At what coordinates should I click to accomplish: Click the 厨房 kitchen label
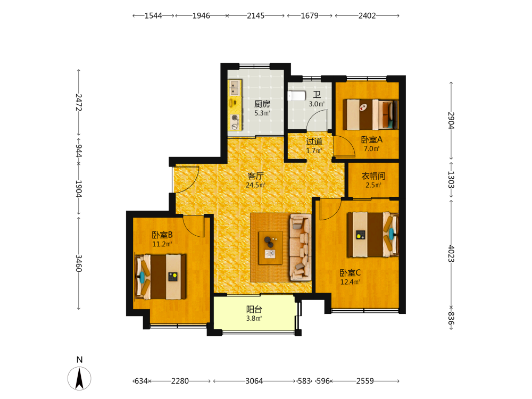click(262, 104)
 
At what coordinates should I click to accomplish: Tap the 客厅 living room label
click(255, 176)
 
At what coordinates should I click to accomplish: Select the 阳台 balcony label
click(254, 309)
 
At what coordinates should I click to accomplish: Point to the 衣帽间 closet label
click(373, 176)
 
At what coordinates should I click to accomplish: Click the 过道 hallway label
click(314, 142)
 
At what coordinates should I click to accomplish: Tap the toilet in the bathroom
click(296, 96)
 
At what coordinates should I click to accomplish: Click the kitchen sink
click(235, 88)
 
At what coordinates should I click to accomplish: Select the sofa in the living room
click(300, 247)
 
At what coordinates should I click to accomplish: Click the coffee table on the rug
click(270, 248)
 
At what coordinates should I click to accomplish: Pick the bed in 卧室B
click(161, 277)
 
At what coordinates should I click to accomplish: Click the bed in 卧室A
click(370, 114)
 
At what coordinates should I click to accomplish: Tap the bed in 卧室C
click(372, 234)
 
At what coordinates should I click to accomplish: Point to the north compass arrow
click(79, 378)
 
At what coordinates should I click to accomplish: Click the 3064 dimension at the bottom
click(254, 381)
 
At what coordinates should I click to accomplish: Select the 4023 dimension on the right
click(451, 253)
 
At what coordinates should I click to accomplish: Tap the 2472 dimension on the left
click(79, 102)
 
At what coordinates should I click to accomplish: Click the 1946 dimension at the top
click(201, 15)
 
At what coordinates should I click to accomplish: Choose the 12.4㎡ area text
click(350, 282)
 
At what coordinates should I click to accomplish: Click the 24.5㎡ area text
click(255, 185)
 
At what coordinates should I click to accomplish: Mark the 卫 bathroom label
click(317, 95)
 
